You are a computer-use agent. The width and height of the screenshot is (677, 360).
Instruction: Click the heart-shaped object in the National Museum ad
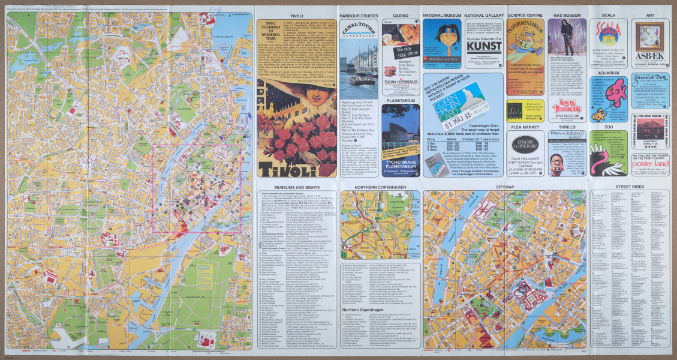pos(442,43)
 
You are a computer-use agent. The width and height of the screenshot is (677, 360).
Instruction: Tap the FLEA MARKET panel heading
pos(525,128)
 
